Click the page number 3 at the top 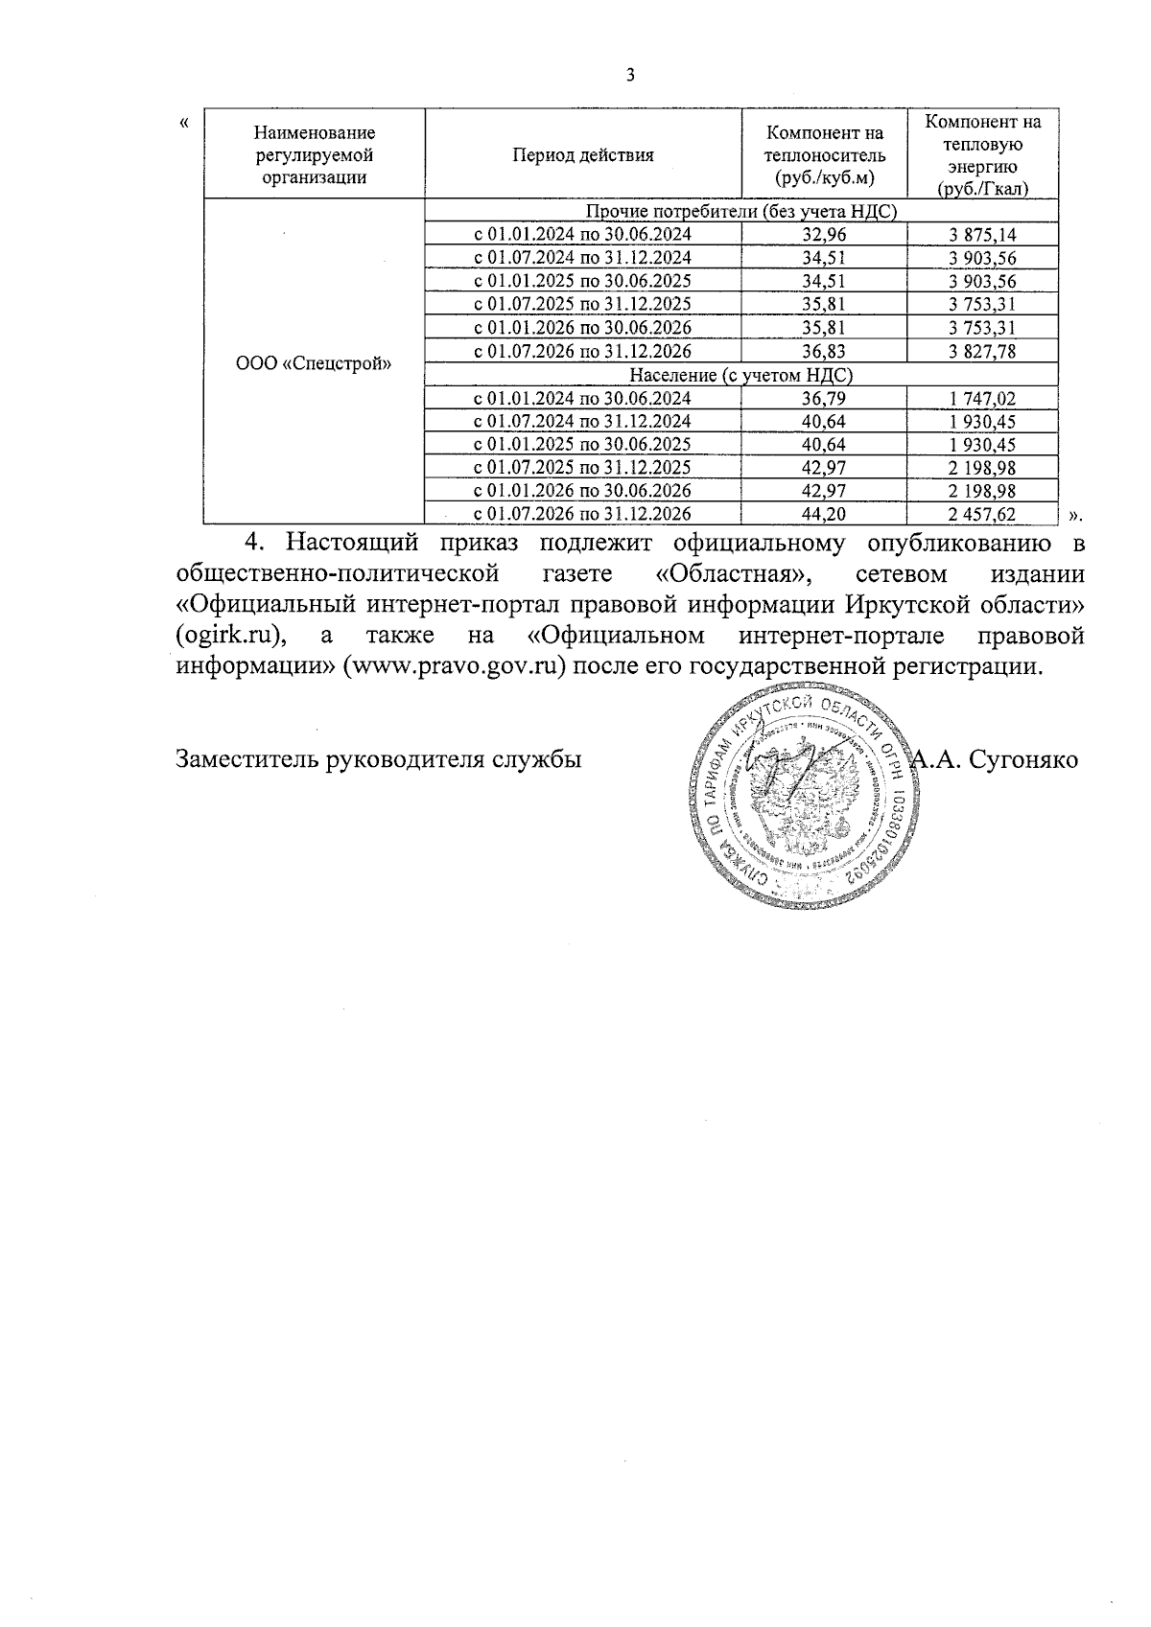pos(630,76)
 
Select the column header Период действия pos(583,155)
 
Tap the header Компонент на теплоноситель pos(824,155)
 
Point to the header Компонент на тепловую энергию pos(982,155)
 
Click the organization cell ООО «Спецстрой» pos(314,364)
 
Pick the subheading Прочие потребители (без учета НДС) pos(740,212)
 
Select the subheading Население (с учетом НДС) pos(740,375)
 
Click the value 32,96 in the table pos(824,235)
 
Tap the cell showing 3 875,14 pos(982,235)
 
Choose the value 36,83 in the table pos(824,352)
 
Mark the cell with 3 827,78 pos(982,352)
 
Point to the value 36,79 pos(824,399)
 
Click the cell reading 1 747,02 pos(982,399)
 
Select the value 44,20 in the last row pos(824,515)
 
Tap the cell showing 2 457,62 pos(982,515)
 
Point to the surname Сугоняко pos(1024,760)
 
